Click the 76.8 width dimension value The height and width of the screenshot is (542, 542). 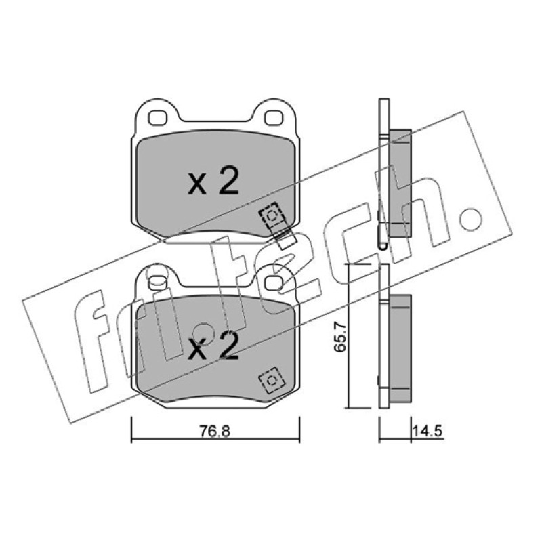(214, 431)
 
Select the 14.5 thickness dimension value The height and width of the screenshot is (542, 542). (428, 431)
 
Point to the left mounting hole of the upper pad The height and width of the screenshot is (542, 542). (157, 118)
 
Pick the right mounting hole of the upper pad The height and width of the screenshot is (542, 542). (274, 118)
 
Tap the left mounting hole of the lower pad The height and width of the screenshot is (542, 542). (157, 283)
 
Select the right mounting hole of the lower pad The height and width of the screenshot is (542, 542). (274, 283)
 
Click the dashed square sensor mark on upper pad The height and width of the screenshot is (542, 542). (272, 215)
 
